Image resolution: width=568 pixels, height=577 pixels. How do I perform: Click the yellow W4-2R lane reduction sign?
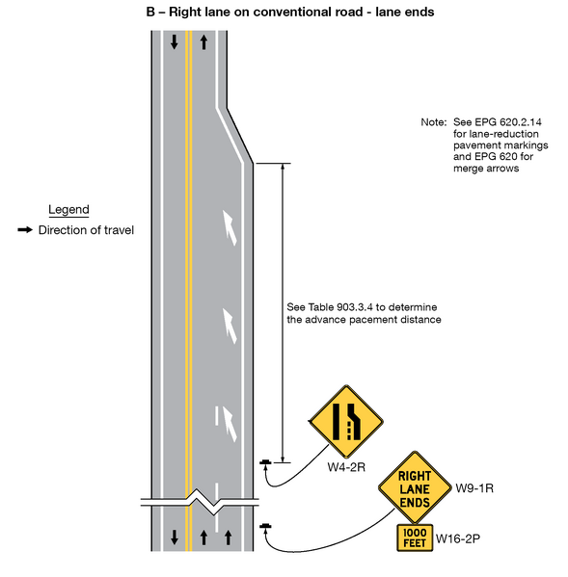pos(345,421)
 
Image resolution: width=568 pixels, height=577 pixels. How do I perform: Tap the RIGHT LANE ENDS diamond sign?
pos(414,488)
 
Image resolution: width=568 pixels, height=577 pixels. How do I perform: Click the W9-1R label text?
pos(473,487)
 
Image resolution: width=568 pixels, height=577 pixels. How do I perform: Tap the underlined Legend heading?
pos(68,210)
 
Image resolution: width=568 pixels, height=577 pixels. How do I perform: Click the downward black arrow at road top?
pos(174,42)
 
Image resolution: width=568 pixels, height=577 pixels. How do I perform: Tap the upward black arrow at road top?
pos(203,42)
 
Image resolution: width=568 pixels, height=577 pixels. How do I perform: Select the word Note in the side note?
pos(432,123)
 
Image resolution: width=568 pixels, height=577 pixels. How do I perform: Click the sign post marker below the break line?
pos(265,526)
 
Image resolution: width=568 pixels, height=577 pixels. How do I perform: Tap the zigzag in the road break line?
pos(203,501)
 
